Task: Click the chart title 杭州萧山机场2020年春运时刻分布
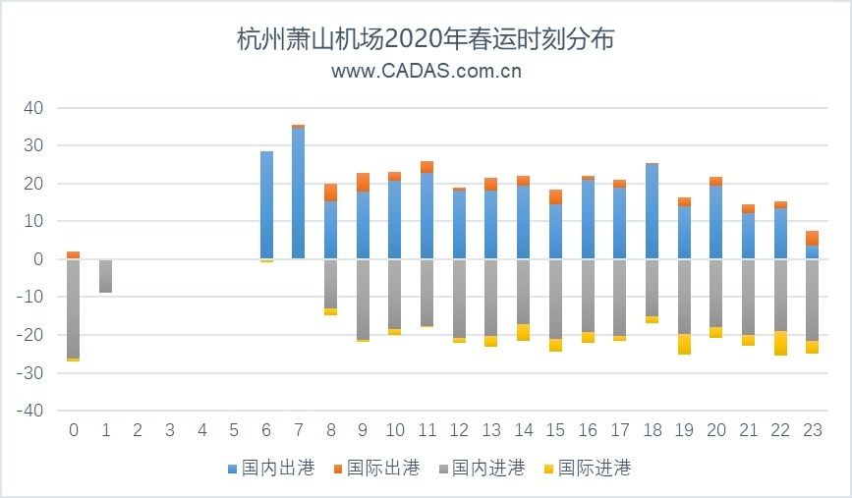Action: coord(426,40)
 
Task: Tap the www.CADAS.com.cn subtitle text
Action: coord(426,71)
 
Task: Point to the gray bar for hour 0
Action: coord(73,308)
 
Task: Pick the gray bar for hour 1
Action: coord(105,276)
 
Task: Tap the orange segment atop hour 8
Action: coord(330,193)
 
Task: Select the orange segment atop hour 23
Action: coord(812,238)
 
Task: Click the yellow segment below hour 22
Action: coord(779,343)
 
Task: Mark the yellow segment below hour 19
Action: coord(683,344)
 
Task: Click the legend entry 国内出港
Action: coord(270,469)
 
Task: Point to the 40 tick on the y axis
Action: coord(34,108)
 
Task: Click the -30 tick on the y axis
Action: coord(31,373)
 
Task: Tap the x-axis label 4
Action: coord(201,430)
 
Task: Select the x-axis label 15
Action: coord(555,430)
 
